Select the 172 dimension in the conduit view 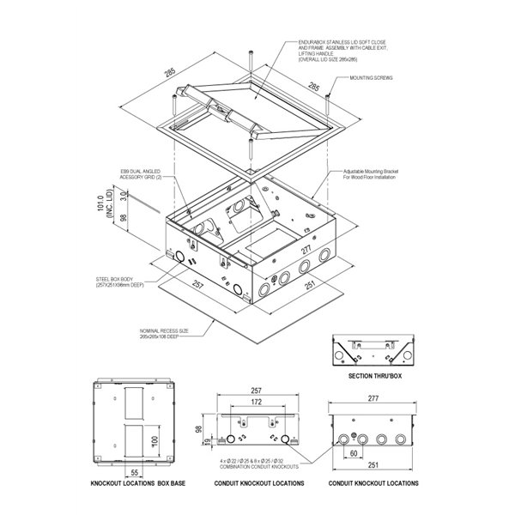click(x=257, y=402)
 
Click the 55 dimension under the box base click(x=134, y=472)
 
